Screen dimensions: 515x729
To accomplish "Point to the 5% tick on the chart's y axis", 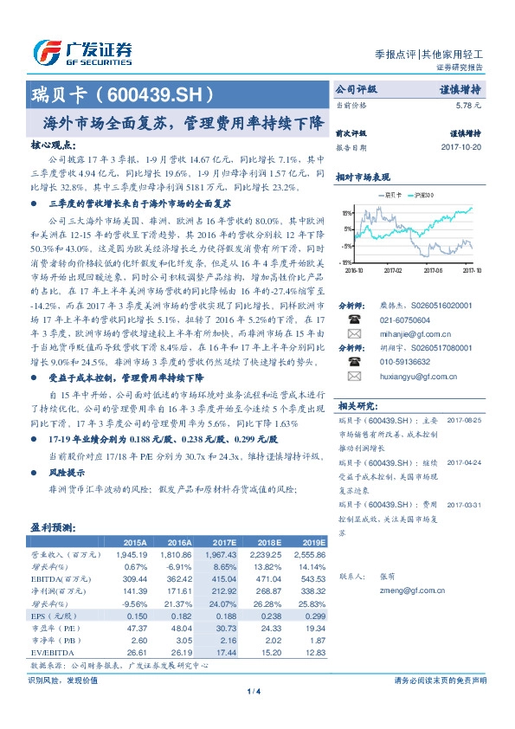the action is point(346,229).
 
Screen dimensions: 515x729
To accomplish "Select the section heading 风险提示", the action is point(67,473).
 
